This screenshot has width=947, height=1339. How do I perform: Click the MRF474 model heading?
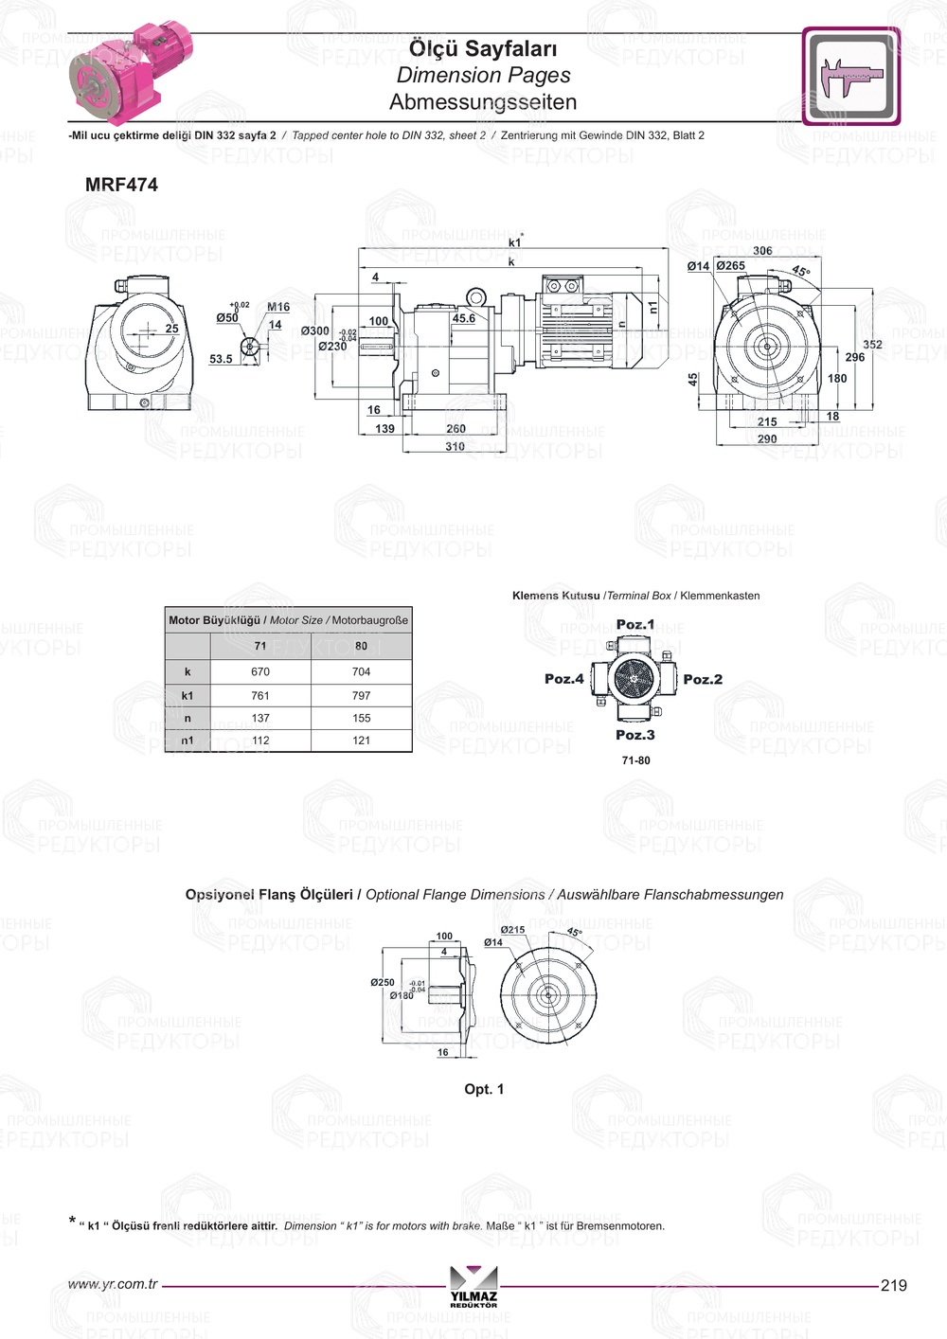(x=121, y=185)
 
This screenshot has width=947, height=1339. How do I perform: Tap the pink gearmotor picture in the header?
(x=132, y=75)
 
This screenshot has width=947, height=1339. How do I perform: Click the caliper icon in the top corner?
(x=850, y=76)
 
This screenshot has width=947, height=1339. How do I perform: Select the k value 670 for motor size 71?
(x=260, y=671)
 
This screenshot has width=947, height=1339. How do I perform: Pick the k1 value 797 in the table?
(x=361, y=695)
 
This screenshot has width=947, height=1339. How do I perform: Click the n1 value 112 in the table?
(x=260, y=741)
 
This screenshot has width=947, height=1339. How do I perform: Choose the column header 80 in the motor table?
(x=361, y=646)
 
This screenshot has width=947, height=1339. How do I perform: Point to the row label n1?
(x=188, y=741)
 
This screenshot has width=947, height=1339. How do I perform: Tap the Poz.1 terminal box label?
(x=634, y=624)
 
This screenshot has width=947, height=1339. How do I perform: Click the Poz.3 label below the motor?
(x=634, y=735)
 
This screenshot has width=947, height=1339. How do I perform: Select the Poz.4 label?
(x=564, y=679)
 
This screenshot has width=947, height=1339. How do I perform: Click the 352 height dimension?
(x=872, y=345)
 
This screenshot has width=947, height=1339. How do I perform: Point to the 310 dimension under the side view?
(x=455, y=447)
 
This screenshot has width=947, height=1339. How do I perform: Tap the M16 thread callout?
(x=278, y=307)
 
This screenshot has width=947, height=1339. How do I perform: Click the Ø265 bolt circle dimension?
(x=730, y=266)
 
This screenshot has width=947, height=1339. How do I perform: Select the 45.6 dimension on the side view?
(x=464, y=318)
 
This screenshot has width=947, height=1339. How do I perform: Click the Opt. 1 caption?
(x=484, y=1089)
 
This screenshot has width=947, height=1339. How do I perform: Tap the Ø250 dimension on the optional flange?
(x=383, y=983)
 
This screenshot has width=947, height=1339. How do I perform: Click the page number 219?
(x=893, y=1285)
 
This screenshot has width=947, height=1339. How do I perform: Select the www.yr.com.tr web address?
(x=113, y=1284)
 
